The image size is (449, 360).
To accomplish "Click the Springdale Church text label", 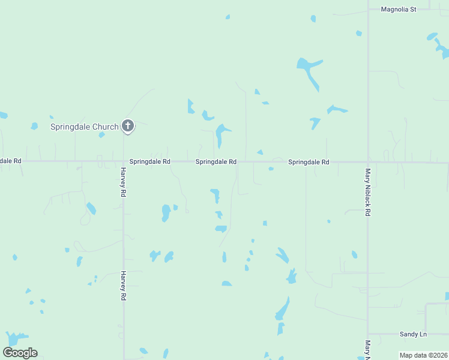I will pos(84,127).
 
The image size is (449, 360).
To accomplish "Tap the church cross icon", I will pos(127,126).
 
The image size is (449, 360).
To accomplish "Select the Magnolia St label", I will pos(399,10).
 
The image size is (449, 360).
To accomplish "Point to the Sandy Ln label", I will pos(413,334).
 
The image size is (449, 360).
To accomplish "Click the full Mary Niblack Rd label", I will pos(368,192).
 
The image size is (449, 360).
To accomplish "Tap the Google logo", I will pos(20,353).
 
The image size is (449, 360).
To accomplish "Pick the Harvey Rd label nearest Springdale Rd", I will pos(123,184).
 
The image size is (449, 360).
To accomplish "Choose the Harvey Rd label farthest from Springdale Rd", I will pos(123,286).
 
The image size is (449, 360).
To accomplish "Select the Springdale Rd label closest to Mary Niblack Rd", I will pos(309,162).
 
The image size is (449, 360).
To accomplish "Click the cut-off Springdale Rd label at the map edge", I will pos(10,161).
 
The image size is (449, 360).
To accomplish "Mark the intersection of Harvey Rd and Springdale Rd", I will pos(123,161).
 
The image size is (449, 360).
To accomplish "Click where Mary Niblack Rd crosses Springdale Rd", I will pos(368,162).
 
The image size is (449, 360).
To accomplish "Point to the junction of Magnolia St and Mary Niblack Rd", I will pos(368,10).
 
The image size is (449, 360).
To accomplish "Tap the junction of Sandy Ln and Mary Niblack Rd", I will pos(368,334).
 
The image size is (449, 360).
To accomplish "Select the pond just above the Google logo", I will pos(16,339).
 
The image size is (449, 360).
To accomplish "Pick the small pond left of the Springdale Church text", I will pos(34,126).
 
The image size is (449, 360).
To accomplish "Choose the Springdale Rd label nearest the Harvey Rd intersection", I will pos(150,162).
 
